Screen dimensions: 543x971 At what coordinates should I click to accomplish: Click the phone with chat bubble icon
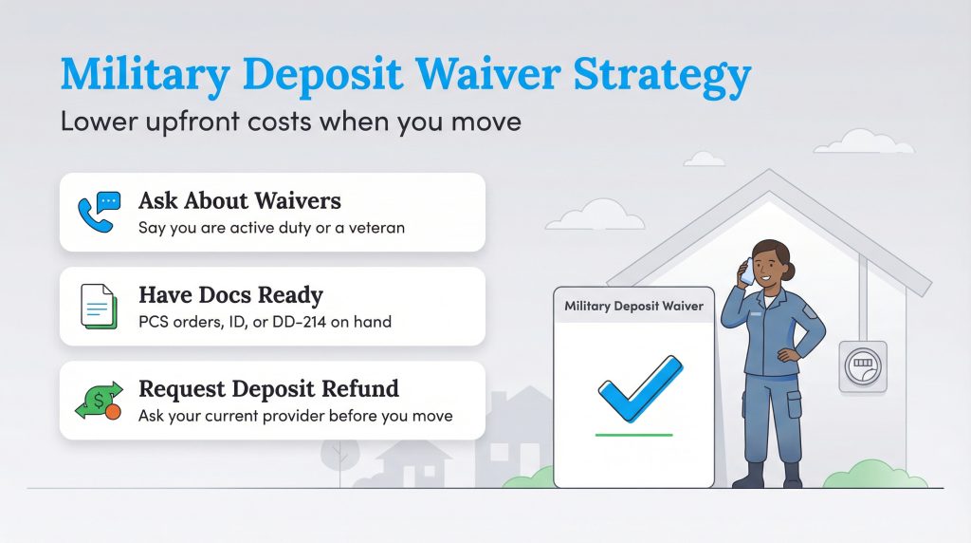point(99,211)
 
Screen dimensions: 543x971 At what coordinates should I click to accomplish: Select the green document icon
point(98,307)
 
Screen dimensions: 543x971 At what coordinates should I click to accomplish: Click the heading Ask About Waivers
point(240,201)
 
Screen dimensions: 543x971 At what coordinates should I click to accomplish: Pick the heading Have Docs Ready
point(230,295)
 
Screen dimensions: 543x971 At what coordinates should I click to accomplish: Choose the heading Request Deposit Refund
point(268,389)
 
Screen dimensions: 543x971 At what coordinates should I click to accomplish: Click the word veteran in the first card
point(376,227)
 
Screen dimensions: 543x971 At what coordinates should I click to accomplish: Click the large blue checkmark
point(638,388)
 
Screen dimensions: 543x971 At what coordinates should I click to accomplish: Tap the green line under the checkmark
point(633,435)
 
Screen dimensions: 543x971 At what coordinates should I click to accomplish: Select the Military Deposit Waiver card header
point(633,306)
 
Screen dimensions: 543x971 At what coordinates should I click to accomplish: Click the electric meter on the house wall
point(862,366)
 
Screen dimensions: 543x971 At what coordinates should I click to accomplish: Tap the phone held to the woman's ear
point(745,270)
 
